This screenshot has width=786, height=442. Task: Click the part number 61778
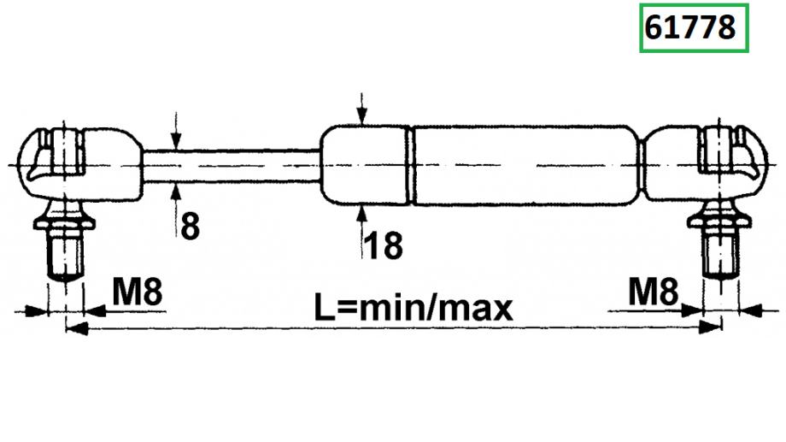[689, 28]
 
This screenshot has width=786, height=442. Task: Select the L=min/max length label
[414, 306]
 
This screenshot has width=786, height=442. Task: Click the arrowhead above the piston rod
[175, 142]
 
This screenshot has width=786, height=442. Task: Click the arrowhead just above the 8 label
[175, 189]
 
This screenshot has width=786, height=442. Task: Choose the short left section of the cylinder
[366, 165]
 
